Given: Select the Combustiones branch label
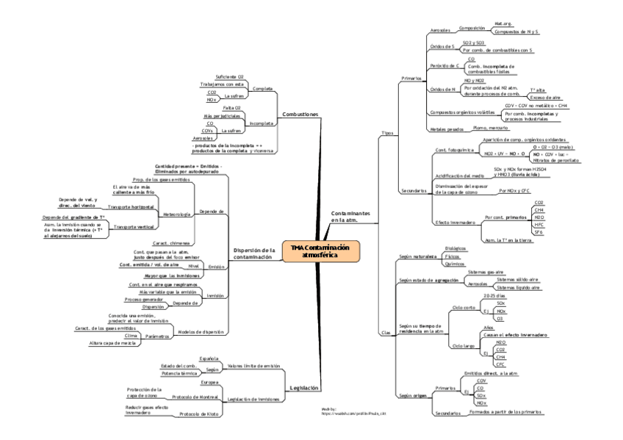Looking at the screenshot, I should (x=300, y=115).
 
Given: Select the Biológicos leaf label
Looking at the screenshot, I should (x=457, y=249).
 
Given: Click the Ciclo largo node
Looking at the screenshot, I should (x=462, y=345).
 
